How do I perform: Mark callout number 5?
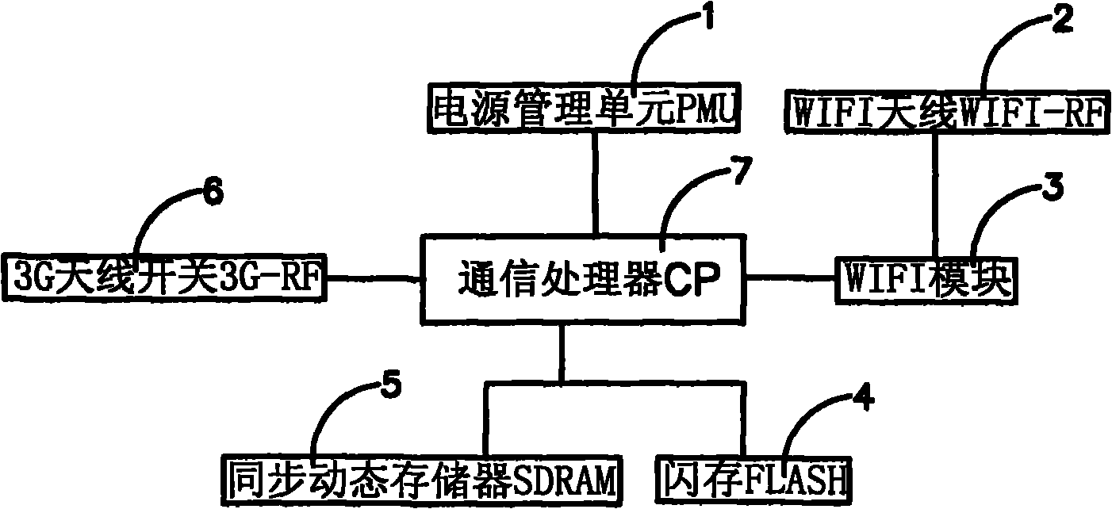pyautogui.click(x=391, y=388)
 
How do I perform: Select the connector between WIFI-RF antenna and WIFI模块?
pyautogui.click(x=937, y=198)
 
